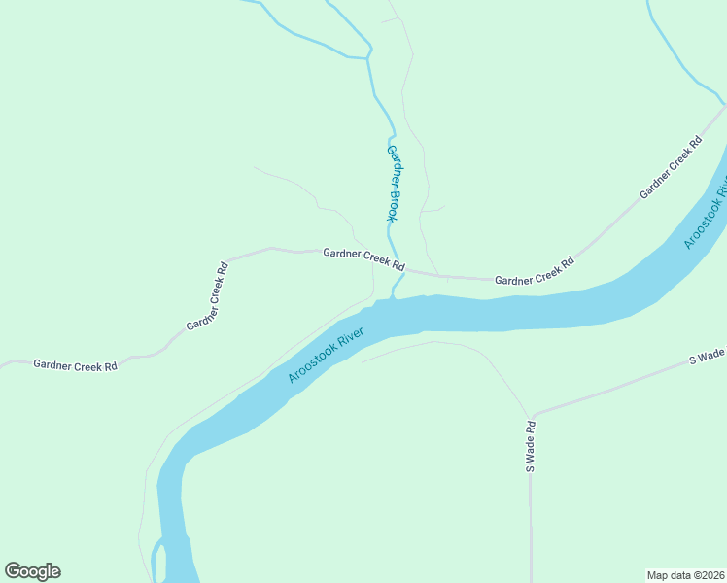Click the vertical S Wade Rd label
tap(531, 446)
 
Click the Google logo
tap(32, 571)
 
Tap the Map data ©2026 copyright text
tap(685, 574)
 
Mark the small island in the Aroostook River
tap(161, 561)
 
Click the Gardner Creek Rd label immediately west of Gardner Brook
tap(363, 257)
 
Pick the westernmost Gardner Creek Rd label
tap(75, 365)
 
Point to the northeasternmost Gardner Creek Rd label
tap(671, 168)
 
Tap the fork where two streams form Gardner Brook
tap(368, 56)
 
